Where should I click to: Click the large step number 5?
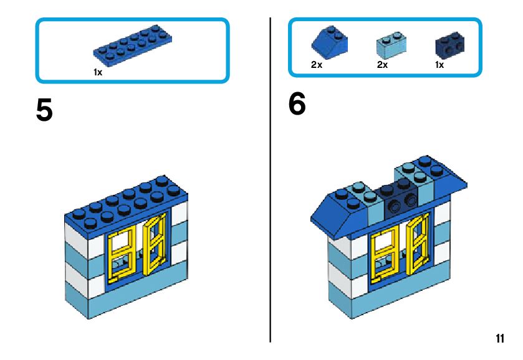44,111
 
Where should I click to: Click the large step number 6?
297,105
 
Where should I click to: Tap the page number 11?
500,339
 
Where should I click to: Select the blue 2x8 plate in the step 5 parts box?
133,47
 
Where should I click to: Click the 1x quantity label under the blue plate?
98,72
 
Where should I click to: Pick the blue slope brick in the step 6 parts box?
329,41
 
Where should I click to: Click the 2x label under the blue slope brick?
317,65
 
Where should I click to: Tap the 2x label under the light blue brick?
382,65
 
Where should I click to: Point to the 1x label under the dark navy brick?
439,65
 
